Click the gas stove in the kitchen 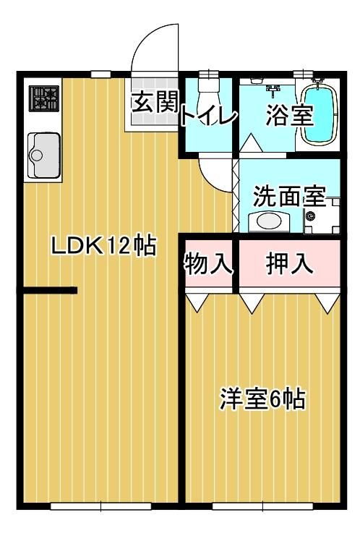click(x=44, y=98)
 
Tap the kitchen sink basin click(x=44, y=156)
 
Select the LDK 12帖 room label click(x=103, y=245)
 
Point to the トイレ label click(x=209, y=117)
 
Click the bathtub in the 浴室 click(x=320, y=115)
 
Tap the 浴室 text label click(x=290, y=115)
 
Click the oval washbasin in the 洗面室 click(x=269, y=221)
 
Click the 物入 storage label click(x=209, y=263)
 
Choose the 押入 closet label click(x=290, y=263)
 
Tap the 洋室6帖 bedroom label click(x=262, y=399)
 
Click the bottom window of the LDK click(x=100, y=506)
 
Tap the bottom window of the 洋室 click(x=262, y=506)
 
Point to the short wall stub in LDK click(x=50, y=290)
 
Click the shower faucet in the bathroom click(x=273, y=90)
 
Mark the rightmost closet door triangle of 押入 click(x=327, y=302)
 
